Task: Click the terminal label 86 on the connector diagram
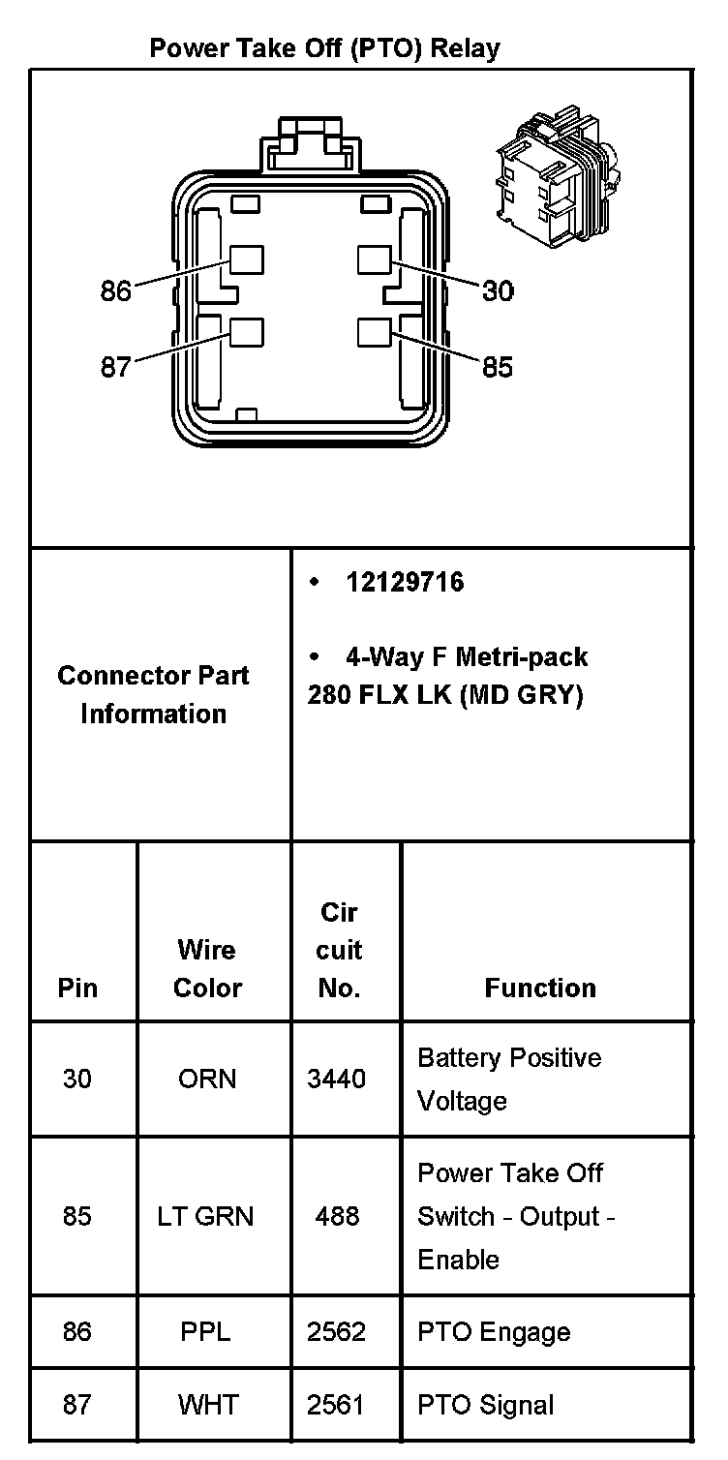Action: point(115,290)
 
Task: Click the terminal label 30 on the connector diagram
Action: point(498,290)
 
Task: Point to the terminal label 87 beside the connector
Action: point(115,367)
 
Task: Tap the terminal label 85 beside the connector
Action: point(498,367)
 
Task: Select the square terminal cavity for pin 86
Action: point(247,259)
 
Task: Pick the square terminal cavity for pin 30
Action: point(374,259)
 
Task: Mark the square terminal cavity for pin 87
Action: point(247,331)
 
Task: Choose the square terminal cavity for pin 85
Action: point(374,331)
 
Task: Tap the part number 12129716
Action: point(405,582)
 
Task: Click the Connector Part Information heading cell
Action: point(153,694)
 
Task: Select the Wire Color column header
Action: point(207,968)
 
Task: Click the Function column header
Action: point(540,988)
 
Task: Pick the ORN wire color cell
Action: point(207,1079)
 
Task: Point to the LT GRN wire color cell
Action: point(205,1216)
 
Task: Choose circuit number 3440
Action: point(337,1079)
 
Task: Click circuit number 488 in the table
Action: point(337,1216)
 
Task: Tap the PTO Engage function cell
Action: point(494,1332)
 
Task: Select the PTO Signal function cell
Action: point(486,1405)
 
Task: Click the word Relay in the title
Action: point(465,47)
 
